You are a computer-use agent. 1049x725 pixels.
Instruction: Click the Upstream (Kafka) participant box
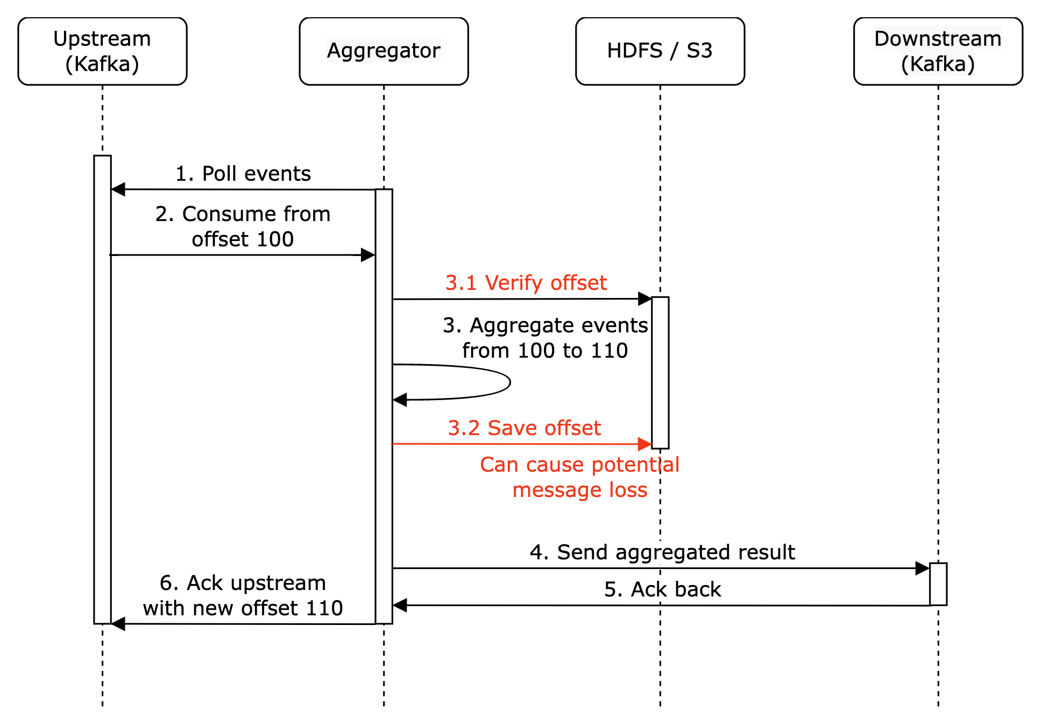102,51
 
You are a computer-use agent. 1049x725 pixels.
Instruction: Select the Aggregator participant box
384,51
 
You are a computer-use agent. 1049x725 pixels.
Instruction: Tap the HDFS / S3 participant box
660,51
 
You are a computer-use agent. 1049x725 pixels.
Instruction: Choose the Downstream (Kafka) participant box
938,51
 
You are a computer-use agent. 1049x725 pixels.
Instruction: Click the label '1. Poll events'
243,174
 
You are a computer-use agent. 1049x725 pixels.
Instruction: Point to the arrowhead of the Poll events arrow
118,189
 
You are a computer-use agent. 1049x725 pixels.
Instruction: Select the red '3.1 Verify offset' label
526,283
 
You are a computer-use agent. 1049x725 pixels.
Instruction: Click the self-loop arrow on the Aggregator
508,382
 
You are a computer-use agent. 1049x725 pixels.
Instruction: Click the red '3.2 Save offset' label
524,428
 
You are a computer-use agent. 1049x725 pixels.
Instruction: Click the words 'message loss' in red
580,490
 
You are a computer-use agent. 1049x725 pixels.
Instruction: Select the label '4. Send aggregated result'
662,552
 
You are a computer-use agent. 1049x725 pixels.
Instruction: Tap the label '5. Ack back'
662,589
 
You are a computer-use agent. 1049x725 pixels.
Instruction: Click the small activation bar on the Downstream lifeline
938,584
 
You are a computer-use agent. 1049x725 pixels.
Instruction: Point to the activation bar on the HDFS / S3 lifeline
660,372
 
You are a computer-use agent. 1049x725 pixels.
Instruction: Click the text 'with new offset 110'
243,608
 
